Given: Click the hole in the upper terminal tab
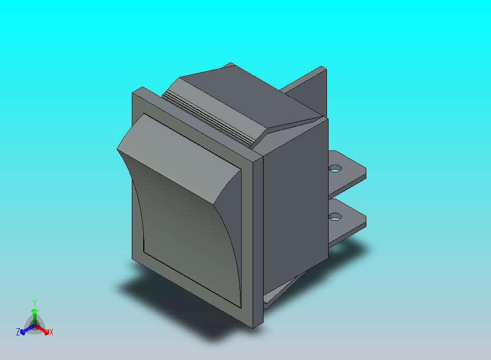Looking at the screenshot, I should (335, 169).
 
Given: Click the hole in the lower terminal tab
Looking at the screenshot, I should (334, 218).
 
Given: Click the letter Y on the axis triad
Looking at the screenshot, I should (34, 303).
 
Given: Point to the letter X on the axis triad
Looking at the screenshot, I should (51, 332).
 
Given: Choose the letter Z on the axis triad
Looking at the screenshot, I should (18, 332).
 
